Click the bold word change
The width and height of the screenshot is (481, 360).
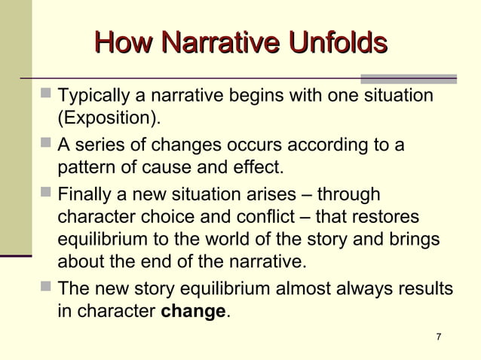pos(194,311)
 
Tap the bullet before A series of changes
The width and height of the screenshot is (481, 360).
pos(46,143)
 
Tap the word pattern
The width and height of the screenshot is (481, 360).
pos(85,166)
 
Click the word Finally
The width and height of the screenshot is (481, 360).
pos(87,194)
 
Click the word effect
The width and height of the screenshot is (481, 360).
pos(259,166)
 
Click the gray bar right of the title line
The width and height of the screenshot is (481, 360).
pos(409,78)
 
